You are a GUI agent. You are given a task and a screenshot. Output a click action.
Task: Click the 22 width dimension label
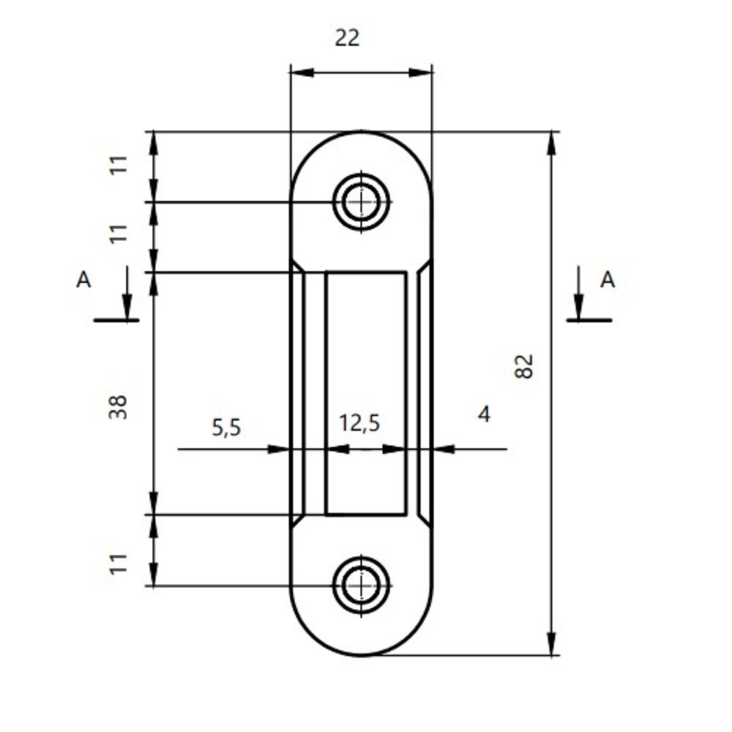[x=348, y=38]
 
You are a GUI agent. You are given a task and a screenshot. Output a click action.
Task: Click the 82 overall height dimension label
[x=524, y=366]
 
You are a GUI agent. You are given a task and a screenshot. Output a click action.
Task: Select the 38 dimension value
[x=118, y=406]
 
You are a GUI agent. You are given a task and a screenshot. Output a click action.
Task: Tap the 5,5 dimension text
[x=226, y=427]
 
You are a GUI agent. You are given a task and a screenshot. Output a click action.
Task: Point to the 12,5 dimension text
[x=359, y=423]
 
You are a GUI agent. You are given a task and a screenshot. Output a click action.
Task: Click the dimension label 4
[x=484, y=415]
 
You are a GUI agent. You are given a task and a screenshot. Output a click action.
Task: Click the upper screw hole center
[x=361, y=201]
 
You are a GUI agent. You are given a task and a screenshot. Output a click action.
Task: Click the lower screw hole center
[x=361, y=586]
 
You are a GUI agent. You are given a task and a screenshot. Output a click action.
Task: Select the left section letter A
[x=84, y=280]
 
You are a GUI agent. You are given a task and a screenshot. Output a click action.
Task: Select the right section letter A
[x=608, y=280]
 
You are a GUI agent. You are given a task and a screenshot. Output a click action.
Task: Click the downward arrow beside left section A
[x=127, y=303]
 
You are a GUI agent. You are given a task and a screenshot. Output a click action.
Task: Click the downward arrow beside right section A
[x=578, y=303]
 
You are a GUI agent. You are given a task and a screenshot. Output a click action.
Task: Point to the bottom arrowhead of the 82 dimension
[x=551, y=644]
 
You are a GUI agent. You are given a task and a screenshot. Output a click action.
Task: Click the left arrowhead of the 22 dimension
[x=302, y=72]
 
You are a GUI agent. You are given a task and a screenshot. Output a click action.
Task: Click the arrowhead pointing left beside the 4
[x=444, y=449]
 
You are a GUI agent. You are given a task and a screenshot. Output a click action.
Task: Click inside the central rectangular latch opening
[x=366, y=366]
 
